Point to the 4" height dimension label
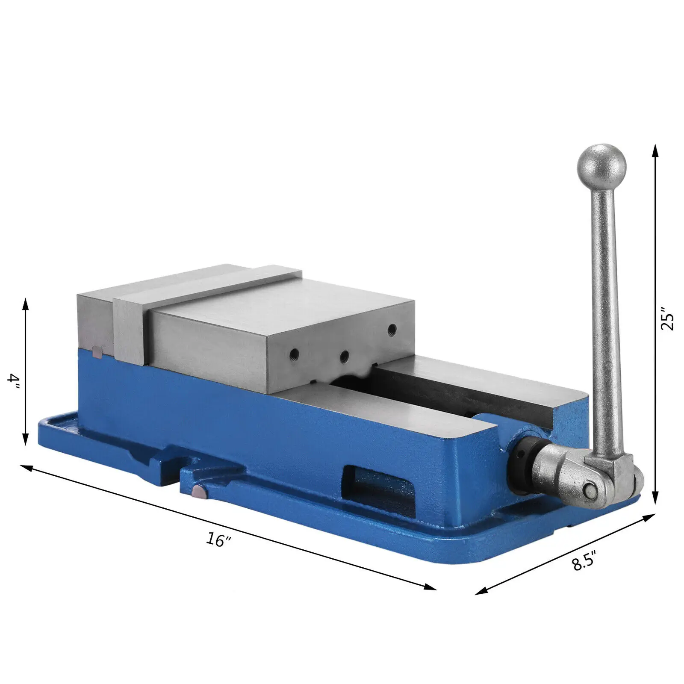click(15, 380)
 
